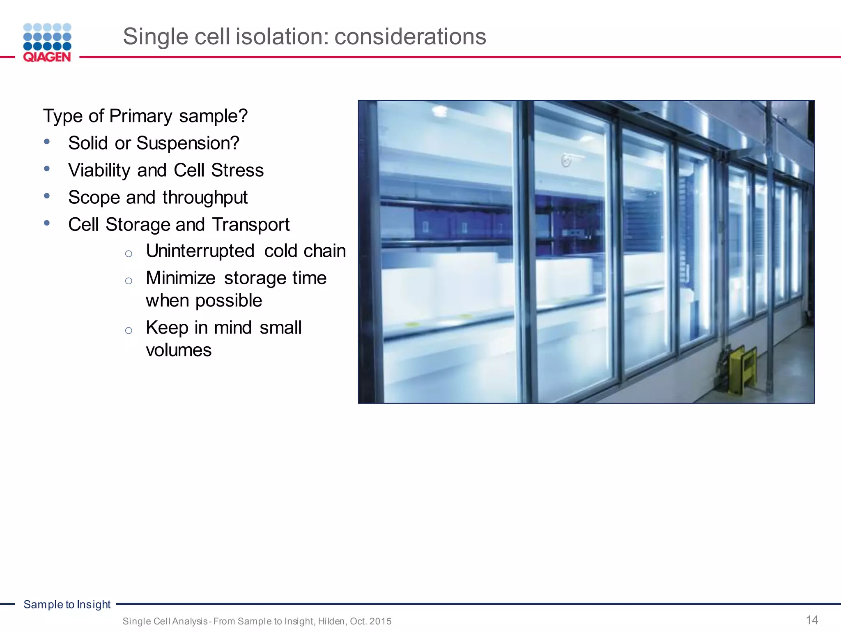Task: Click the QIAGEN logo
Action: tap(47, 43)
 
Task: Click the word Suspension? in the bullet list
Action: tap(188, 143)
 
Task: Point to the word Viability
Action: tap(99, 170)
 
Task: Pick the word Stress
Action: tap(237, 170)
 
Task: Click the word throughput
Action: tap(205, 198)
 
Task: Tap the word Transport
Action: tap(250, 225)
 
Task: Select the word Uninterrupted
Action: tap(200, 251)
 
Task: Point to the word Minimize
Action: tap(181, 278)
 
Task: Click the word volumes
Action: tap(179, 350)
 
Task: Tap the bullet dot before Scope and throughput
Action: tap(47, 196)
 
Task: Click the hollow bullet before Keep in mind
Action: tap(129, 330)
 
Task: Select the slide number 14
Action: tap(812, 620)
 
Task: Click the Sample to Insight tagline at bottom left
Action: tap(67, 604)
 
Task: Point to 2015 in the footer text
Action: tap(380, 621)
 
